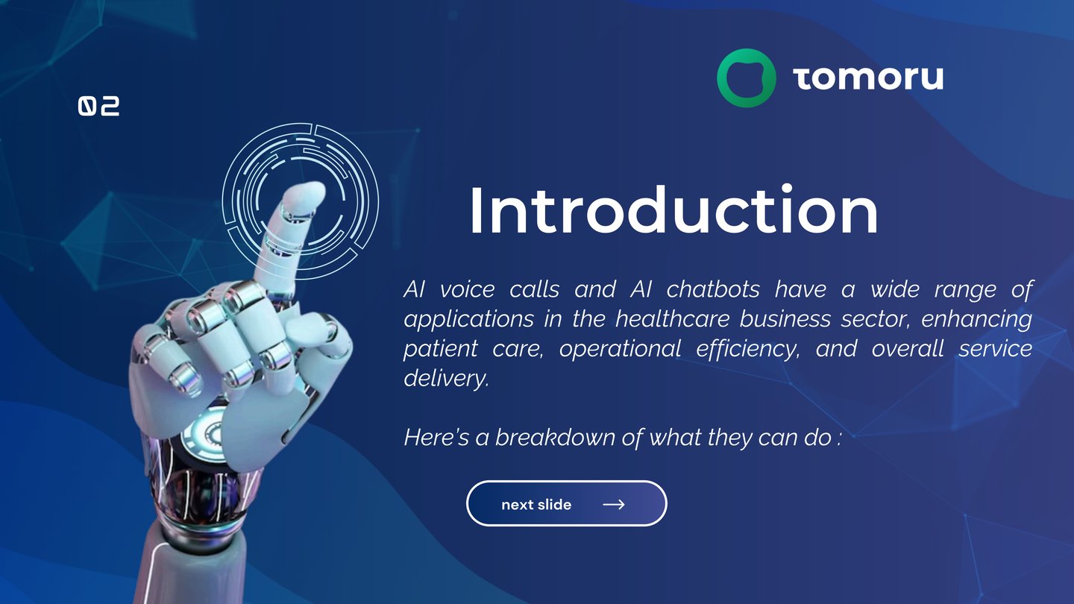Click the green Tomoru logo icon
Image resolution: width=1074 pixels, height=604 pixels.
click(x=747, y=78)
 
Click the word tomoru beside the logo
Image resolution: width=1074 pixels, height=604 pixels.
click(x=868, y=78)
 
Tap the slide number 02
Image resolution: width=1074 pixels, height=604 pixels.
click(x=98, y=106)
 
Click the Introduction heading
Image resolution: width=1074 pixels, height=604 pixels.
click(x=673, y=211)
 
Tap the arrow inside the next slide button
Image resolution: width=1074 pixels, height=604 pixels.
click(x=614, y=504)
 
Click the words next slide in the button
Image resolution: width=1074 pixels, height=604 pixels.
click(x=536, y=504)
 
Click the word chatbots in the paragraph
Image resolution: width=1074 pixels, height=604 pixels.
click(x=713, y=289)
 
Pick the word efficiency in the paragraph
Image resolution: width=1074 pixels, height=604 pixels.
click(x=748, y=349)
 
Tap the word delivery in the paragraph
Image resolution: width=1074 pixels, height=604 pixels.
click(x=446, y=378)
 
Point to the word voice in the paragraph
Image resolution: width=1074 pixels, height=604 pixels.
click(x=467, y=290)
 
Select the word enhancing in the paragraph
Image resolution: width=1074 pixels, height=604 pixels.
click(x=977, y=320)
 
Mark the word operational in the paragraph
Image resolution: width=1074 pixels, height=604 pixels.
click(x=620, y=349)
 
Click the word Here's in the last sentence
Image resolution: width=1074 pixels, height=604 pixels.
click(x=436, y=437)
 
